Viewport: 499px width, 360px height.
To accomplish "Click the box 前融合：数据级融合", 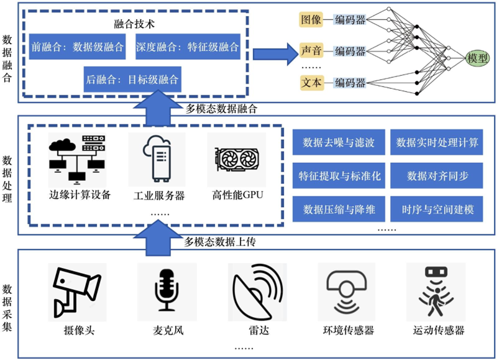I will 77,47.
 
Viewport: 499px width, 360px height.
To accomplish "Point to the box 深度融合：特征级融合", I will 187,47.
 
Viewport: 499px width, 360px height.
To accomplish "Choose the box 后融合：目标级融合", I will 132,80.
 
